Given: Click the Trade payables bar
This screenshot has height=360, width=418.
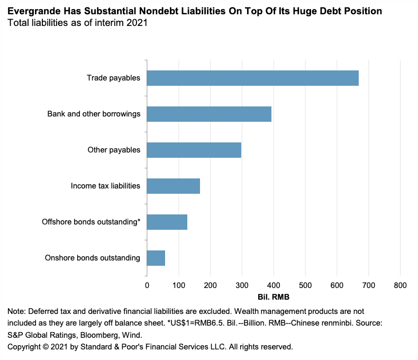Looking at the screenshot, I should point(252,78).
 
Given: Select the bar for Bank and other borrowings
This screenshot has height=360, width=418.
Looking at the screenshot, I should point(209,114).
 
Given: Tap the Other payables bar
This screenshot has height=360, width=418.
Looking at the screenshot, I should point(194,150).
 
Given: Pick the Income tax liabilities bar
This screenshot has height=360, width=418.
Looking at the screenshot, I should point(173,186).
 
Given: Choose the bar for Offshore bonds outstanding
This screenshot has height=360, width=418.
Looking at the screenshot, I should point(167,222).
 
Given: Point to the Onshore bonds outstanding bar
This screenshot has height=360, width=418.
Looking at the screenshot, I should point(156,258).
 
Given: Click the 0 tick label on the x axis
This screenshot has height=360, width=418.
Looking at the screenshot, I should point(147,286).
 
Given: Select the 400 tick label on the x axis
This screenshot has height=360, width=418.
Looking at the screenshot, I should point(274,286).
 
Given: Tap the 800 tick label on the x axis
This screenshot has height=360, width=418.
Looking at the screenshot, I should point(400,286).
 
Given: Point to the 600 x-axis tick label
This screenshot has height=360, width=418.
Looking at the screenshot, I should point(337,286).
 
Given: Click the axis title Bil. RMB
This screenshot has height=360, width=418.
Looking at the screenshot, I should point(274,297).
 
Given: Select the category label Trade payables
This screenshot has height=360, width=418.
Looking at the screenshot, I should point(113,78).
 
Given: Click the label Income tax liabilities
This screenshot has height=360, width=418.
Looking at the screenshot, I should point(105,186).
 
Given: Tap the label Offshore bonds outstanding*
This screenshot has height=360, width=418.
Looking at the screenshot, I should point(91,222).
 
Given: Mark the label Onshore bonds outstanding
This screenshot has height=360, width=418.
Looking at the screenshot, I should point(93,258).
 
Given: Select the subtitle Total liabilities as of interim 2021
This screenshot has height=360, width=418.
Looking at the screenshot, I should point(77,23).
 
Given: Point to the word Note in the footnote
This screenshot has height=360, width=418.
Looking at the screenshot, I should point(15,311).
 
